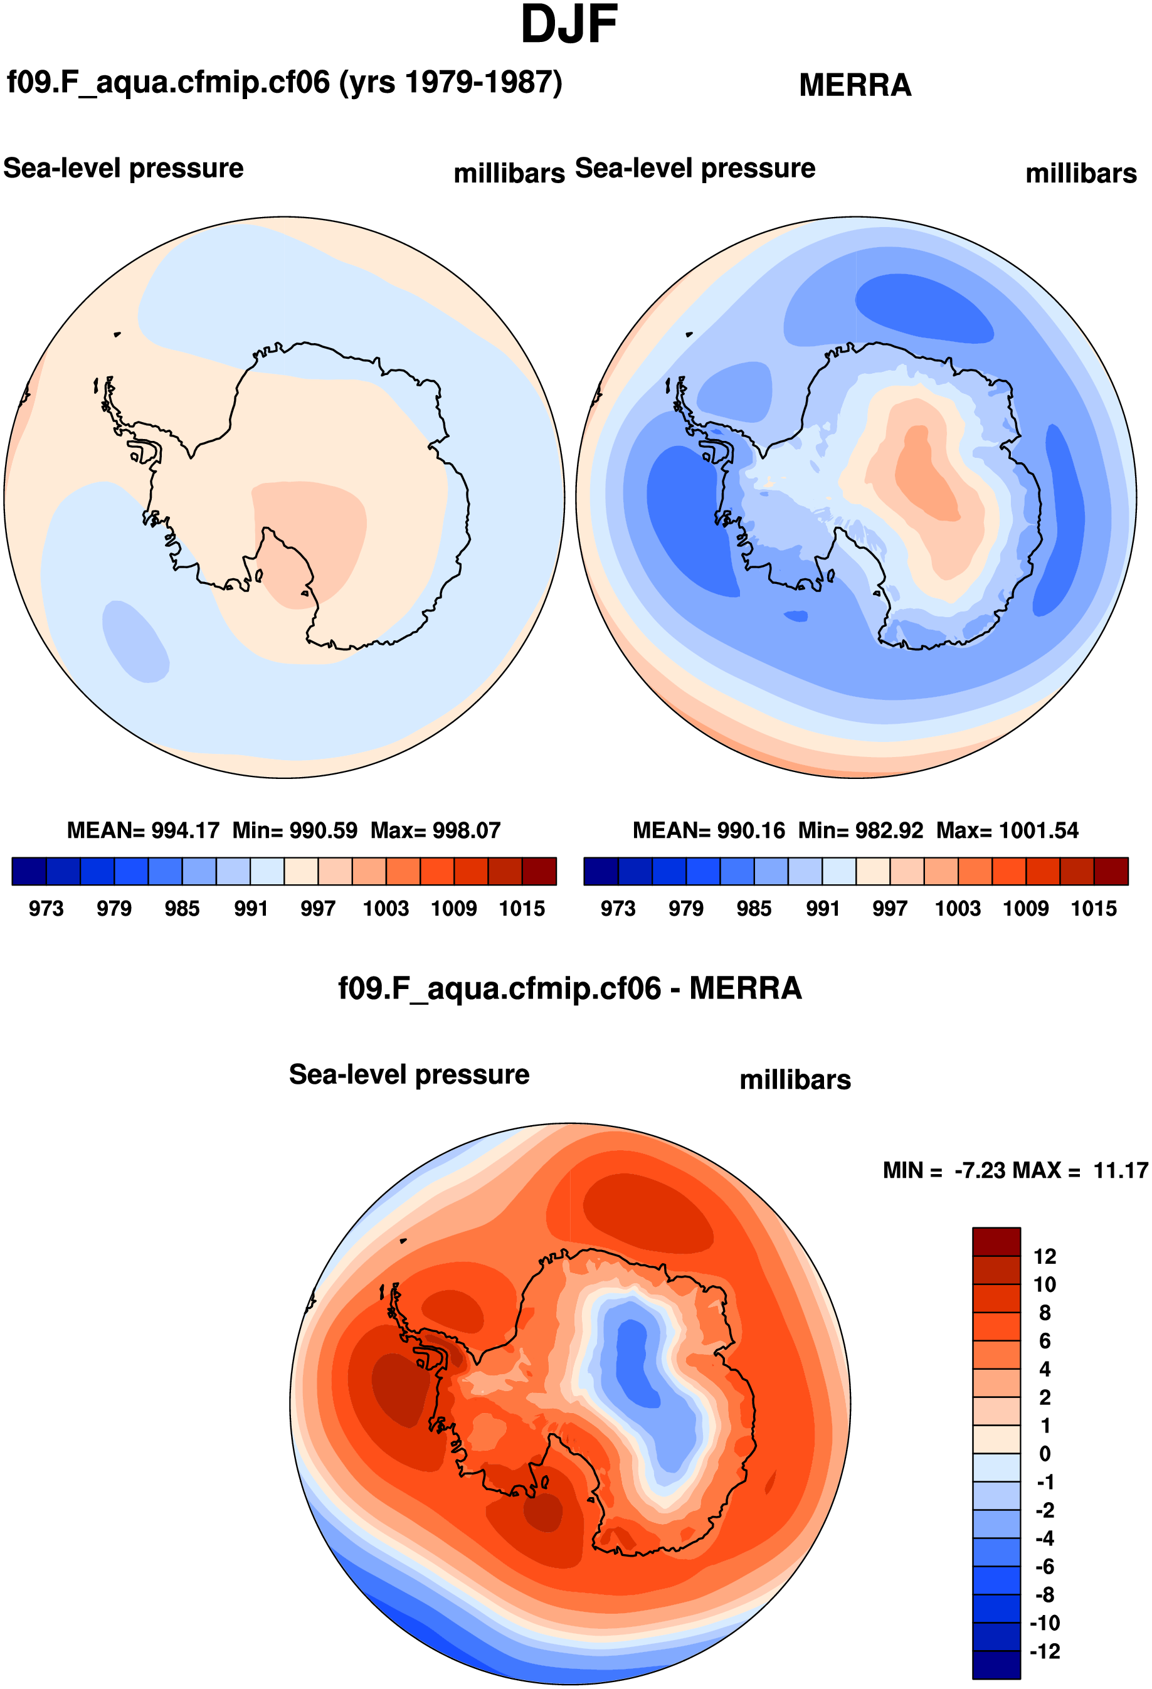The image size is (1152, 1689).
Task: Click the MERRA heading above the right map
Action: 855,85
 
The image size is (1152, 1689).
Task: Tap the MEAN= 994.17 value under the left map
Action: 142,830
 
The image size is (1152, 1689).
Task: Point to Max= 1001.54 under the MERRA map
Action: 1007,830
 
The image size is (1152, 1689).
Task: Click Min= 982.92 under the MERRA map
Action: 860,830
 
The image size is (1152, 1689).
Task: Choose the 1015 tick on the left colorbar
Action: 521,908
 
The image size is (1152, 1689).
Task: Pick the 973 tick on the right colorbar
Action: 618,908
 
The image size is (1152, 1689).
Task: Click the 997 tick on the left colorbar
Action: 317,908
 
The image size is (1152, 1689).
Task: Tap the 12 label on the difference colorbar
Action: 1044,1256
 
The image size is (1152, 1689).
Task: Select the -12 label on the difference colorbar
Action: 1044,1651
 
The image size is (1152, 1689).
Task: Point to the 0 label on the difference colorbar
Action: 1044,1454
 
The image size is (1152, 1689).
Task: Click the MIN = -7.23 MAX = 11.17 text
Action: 1015,1170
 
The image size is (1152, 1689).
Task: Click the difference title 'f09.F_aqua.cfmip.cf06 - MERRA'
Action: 570,988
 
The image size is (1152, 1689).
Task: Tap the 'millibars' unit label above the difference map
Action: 795,1079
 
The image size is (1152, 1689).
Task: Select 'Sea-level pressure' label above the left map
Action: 124,168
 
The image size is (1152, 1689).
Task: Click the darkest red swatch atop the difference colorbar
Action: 996,1241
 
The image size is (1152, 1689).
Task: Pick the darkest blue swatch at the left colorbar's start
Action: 29,871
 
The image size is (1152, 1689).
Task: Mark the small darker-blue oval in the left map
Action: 135,642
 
